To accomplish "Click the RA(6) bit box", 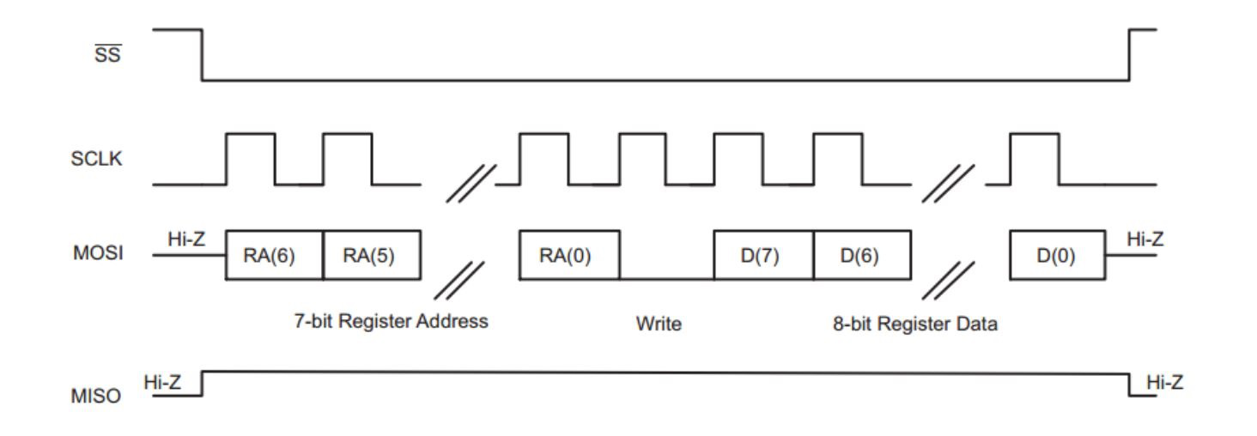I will point(274,255).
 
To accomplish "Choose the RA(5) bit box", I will point(372,255).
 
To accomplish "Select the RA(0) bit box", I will point(568,255).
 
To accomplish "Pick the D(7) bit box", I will point(763,255).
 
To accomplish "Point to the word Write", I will point(659,325).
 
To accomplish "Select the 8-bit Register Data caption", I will point(914,325).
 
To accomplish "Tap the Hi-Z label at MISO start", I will point(162,382).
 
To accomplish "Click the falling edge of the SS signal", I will point(203,55).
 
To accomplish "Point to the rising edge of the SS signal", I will point(1129,55).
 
